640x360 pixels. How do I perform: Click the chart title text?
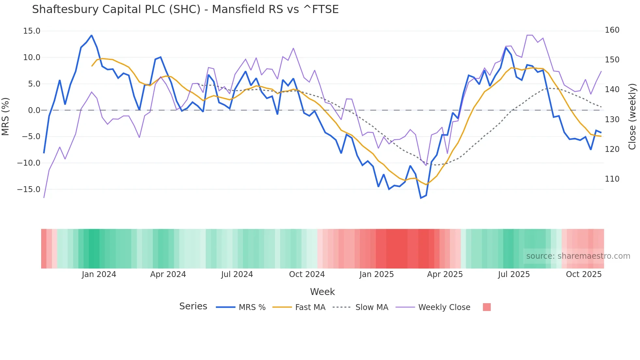(x=185, y=9)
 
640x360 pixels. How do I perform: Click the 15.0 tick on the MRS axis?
(x=32, y=31)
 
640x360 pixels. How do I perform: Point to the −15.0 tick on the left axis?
(x=29, y=189)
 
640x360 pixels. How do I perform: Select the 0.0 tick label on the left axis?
(x=34, y=110)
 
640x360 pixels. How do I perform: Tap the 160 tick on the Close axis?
(x=612, y=30)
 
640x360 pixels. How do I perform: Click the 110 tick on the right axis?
(x=612, y=179)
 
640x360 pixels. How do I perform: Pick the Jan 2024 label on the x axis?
(x=99, y=274)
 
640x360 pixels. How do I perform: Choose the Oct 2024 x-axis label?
(x=307, y=274)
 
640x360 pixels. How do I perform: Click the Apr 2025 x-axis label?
(x=445, y=274)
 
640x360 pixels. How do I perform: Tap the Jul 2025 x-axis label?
(x=514, y=274)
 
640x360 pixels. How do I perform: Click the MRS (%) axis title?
(x=6, y=116)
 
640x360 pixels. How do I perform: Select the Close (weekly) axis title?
(x=632, y=116)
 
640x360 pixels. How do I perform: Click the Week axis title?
(x=322, y=292)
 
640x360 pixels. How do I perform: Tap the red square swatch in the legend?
(x=487, y=307)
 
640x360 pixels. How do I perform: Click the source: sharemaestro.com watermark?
(x=578, y=256)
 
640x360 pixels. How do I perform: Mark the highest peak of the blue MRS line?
(x=91, y=35)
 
